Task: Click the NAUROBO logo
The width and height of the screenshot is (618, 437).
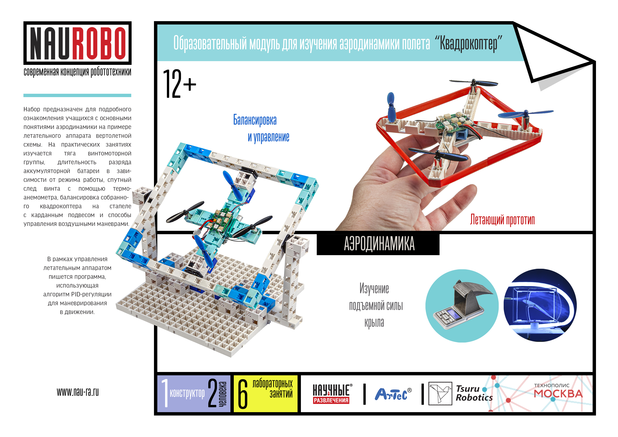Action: coord(78,43)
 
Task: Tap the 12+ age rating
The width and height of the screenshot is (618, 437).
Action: coord(180,84)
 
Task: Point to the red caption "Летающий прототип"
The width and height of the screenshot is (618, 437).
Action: coord(502,220)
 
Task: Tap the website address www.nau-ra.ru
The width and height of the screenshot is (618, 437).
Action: coord(78,392)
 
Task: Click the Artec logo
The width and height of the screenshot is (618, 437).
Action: coord(393,394)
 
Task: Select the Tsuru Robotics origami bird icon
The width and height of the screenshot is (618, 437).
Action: coord(440,393)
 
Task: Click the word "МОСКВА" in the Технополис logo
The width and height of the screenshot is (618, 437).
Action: coord(558,394)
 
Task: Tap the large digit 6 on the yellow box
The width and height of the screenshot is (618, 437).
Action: coord(243,394)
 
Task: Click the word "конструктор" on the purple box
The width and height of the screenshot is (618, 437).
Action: coord(187,394)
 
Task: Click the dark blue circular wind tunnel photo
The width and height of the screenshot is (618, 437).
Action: coord(540,305)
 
